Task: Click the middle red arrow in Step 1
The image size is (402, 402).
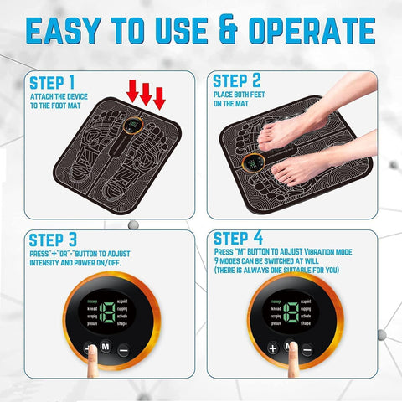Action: coord(146,93)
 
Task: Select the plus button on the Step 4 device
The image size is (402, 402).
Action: coord(272,347)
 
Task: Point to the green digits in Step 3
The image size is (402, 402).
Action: coord(106,315)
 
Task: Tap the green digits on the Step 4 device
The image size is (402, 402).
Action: coord(290,314)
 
